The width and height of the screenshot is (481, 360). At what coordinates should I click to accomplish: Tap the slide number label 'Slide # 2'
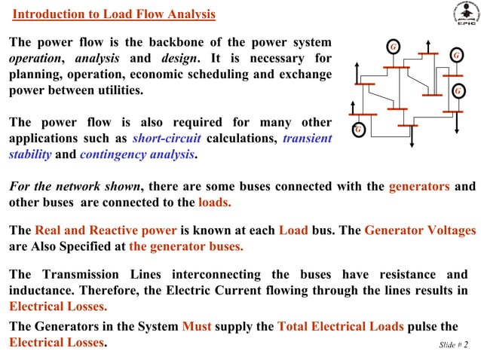453,345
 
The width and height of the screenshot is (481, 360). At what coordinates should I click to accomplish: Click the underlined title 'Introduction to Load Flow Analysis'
115,14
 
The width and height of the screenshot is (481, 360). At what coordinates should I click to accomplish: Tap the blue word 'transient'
307,139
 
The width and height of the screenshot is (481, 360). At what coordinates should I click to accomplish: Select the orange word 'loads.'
214,202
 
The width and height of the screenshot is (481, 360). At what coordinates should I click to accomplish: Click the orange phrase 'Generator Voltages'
420,230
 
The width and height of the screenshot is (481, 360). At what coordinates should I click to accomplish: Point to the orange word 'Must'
198,326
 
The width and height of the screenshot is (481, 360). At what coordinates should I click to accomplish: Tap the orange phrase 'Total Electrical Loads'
341,326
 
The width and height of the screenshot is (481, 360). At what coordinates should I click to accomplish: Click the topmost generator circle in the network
393,47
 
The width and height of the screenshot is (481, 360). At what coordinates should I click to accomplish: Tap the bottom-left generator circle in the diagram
360,129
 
